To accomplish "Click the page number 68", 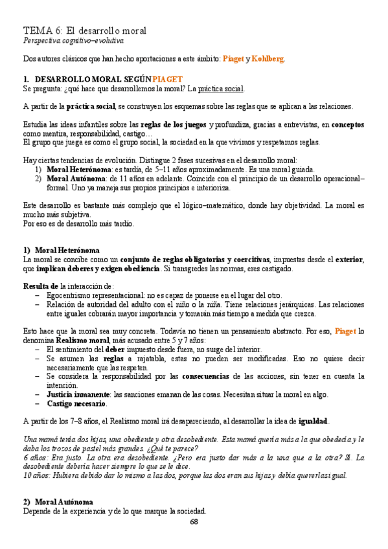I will coord(194,522).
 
